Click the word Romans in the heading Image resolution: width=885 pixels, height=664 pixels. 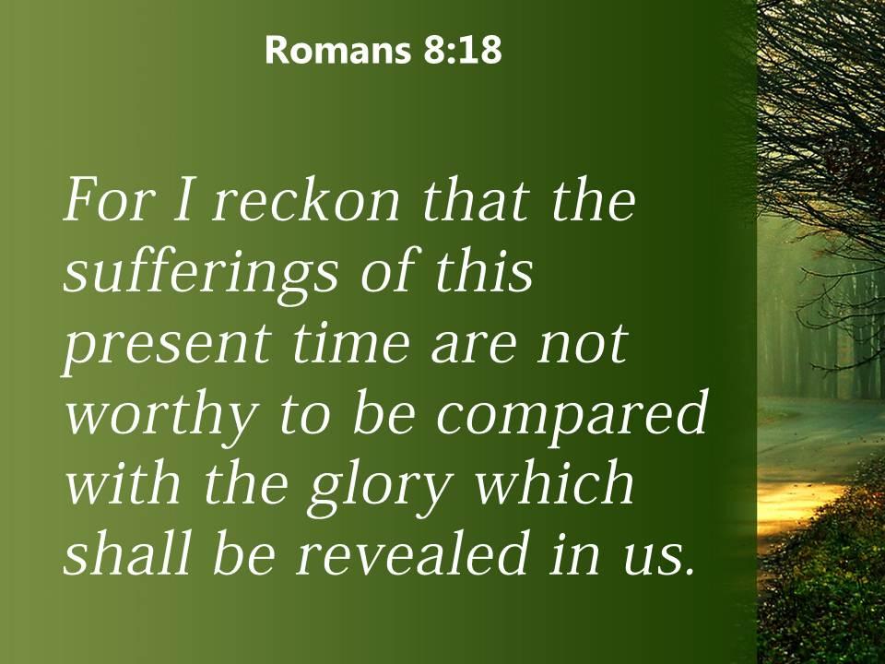click(x=337, y=50)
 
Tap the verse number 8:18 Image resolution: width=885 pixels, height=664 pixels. click(x=461, y=50)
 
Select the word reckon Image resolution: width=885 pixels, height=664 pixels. click(x=306, y=202)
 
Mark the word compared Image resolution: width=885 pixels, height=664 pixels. click(x=572, y=417)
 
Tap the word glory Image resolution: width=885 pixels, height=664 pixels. click(x=379, y=487)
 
